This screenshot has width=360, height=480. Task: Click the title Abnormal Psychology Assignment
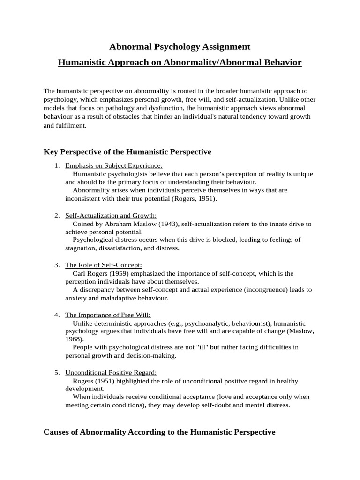(x=180, y=47)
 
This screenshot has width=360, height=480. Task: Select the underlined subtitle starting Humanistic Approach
(x=180, y=63)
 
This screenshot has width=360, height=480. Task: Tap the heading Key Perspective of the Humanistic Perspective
(x=127, y=152)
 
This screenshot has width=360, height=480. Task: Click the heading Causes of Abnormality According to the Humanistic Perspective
(x=159, y=432)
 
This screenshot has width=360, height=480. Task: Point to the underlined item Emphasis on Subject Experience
(x=114, y=166)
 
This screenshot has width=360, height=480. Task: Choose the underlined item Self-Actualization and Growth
(x=111, y=216)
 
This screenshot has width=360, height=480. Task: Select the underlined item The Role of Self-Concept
(x=103, y=265)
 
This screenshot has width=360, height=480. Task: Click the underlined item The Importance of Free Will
(x=108, y=315)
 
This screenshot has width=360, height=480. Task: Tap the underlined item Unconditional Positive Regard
(x=111, y=373)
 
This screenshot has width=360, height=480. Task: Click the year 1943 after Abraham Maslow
(x=168, y=224)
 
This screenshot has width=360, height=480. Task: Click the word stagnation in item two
(x=81, y=248)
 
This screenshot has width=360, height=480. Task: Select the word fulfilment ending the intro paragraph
(x=71, y=126)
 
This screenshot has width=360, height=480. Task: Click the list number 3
(x=57, y=265)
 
